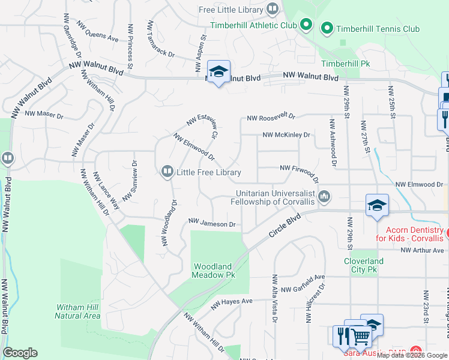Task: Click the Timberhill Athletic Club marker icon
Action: [x=306, y=25]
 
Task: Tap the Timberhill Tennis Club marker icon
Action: [x=327, y=28]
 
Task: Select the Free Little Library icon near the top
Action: [x=273, y=9]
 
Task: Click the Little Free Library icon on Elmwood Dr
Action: [x=167, y=172]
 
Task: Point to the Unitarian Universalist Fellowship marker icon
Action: [x=325, y=196]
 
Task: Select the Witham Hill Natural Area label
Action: [x=77, y=311]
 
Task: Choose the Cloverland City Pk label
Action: [x=364, y=265]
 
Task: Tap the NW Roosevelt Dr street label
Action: [x=271, y=116]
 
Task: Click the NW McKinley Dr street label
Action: [x=286, y=135]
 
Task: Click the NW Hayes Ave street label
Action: [x=232, y=305]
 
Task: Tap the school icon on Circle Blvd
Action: [x=377, y=206]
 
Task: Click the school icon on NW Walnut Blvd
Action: [x=218, y=72]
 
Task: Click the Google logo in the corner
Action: [x=20, y=353]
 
